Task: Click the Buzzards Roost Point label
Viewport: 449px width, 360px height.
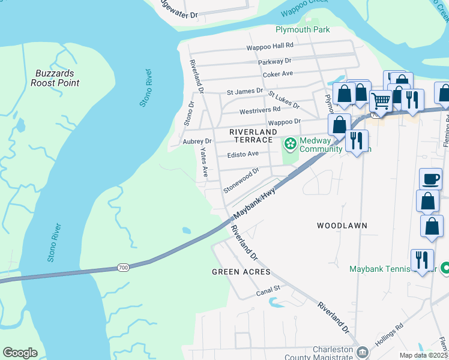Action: tap(55, 78)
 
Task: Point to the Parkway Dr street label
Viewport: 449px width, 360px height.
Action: tap(274, 61)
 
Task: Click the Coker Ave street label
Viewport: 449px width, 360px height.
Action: tap(278, 74)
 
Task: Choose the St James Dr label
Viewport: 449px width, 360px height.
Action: tap(245, 92)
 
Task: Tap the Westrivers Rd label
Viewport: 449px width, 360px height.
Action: tap(259, 110)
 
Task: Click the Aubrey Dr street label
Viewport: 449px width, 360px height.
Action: tap(197, 142)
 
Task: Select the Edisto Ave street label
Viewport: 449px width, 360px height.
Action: tap(243, 154)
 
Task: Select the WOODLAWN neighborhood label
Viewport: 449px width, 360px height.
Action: tap(342, 226)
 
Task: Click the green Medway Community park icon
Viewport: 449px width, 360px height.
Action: tap(291, 144)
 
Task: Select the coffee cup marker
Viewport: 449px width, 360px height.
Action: tap(430, 179)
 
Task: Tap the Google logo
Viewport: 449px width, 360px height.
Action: tap(20, 353)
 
